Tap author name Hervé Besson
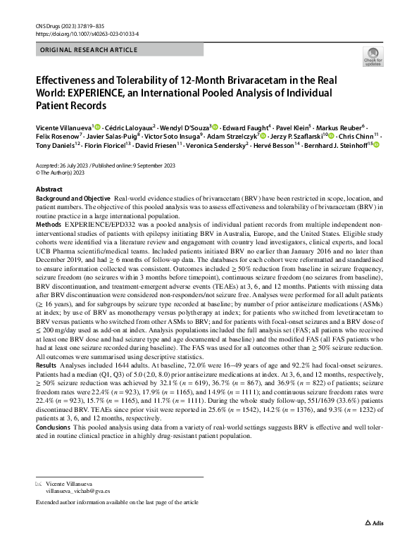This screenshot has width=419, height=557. (x=271, y=145)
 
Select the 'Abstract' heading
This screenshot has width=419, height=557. (x=49, y=190)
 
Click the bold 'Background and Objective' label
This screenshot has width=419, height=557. (x=73, y=200)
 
